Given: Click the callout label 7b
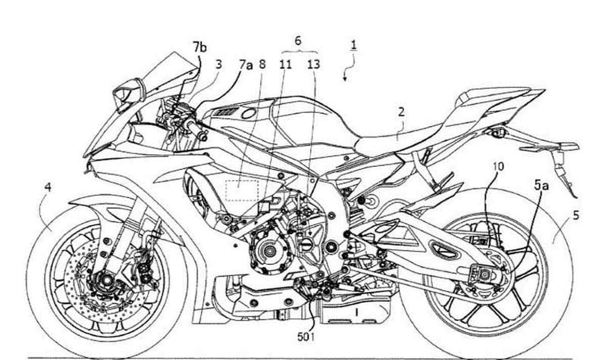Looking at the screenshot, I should (x=200, y=49).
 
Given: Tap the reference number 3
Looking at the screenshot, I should (x=218, y=65).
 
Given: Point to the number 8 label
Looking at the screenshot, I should (x=262, y=65).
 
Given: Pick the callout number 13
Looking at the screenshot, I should (x=313, y=65).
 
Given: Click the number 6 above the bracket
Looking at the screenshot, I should (x=298, y=41).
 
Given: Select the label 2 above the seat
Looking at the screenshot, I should (x=401, y=112).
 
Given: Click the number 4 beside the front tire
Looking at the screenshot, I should (x=48, y=188).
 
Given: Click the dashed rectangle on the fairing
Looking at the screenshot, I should (x=241, y=191).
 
